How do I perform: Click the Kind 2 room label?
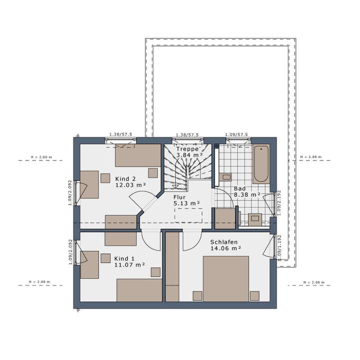[x=125, y=178]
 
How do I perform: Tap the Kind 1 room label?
[x=124, y=258]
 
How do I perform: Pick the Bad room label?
[x=240, y=188]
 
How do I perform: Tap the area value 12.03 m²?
[x=130, y=185]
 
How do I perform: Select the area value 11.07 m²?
[x=129, y=265]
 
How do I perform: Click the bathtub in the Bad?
[x=260, y=165]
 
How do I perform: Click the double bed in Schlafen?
[x=226, y=279]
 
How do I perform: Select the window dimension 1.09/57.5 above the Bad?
[x=236, y=135]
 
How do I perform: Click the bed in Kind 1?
[x=139, y=290]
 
